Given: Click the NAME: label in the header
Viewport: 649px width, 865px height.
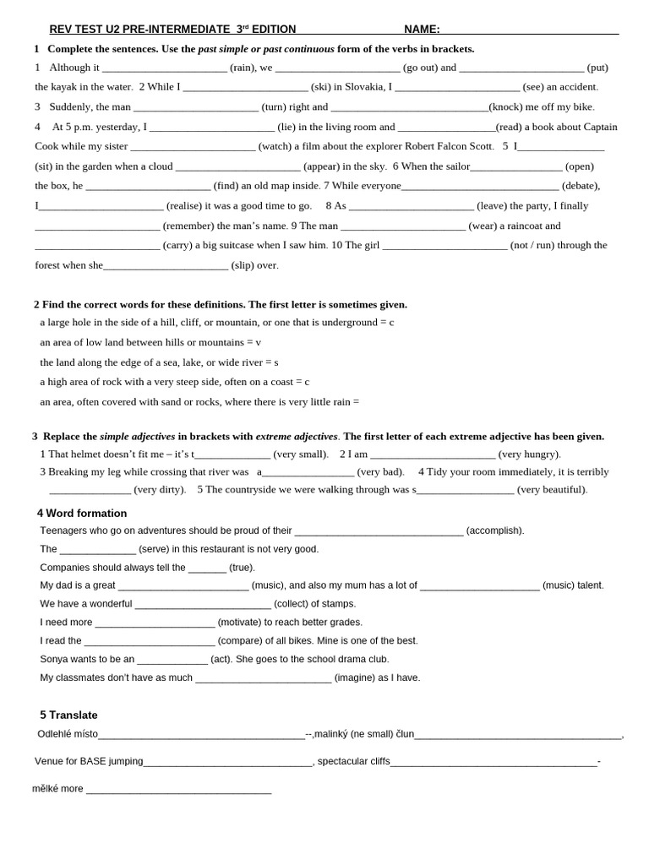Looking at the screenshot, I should coord(422,30).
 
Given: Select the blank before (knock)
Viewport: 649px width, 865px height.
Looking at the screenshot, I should coord(409,107).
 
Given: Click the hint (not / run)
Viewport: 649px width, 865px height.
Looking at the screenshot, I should coord(544,245).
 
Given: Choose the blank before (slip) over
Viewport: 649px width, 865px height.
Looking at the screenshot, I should coord(166,265).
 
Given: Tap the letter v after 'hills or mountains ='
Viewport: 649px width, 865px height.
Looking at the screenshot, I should coord(259,342).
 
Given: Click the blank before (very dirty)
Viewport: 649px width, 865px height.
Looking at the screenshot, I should coord(90,490).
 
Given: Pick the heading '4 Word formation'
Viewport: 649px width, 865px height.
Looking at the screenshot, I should coord(82,513).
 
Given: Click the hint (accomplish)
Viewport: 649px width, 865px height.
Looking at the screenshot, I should coord(495,530).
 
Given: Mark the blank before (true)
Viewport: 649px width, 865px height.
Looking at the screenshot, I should coord(207,569).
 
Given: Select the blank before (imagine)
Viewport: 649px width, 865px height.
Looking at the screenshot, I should coord(263,678).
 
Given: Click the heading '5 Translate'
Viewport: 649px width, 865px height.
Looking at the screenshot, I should coord(68,715).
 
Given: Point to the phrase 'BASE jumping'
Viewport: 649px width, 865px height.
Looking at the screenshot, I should coord(112,761).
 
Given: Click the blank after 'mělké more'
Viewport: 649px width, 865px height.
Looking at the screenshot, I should coord(178,790).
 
